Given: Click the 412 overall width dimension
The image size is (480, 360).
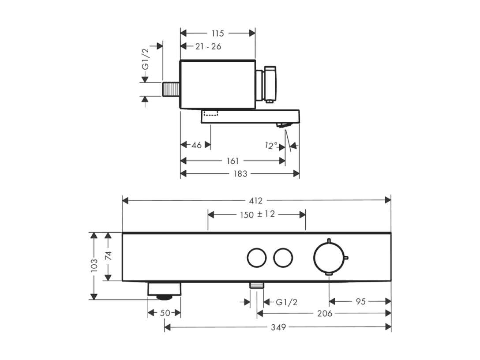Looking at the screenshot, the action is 255,200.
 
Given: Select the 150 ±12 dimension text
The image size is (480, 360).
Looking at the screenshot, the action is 258,214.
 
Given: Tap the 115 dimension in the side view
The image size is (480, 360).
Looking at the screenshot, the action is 217,33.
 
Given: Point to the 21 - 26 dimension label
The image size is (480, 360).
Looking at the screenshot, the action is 208,46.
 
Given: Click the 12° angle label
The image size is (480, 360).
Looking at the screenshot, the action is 271,146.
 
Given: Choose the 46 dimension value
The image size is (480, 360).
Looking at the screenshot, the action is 196,145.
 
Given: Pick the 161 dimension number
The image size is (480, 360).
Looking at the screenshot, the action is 232,161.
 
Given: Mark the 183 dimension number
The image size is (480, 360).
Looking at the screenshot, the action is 240,174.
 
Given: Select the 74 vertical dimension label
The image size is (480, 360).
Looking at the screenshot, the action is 109,256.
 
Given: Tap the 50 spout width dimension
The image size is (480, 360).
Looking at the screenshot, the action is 165,313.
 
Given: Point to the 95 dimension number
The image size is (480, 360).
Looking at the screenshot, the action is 360,301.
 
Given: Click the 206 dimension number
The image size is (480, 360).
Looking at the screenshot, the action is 325,313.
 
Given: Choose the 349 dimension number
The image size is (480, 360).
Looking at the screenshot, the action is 278,327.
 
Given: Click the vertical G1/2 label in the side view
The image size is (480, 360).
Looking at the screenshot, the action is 146,59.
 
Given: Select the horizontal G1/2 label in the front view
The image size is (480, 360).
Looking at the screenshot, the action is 286,302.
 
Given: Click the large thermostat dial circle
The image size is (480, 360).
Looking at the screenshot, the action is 329,258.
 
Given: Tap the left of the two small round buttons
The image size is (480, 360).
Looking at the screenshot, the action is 256,258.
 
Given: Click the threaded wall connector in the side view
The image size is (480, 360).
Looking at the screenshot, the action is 171,90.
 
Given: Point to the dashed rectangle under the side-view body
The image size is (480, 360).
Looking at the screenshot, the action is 210,113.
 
